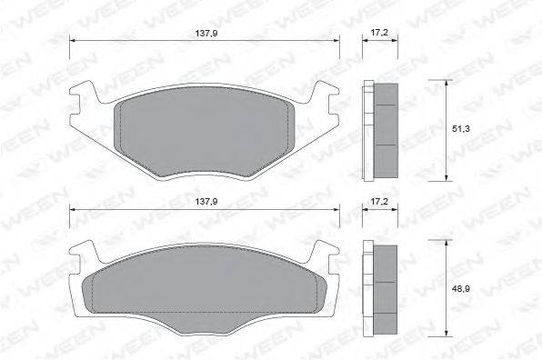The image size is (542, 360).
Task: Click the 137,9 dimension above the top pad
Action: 206,34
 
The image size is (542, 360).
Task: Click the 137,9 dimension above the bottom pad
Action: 206,202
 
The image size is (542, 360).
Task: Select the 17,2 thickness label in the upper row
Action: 379,33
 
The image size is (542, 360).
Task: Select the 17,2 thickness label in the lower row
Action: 379,202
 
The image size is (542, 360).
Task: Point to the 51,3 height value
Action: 461,129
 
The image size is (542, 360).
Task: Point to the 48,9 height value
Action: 461,289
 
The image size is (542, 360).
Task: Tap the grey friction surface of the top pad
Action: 204,131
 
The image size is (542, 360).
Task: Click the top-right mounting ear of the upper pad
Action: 326,91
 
